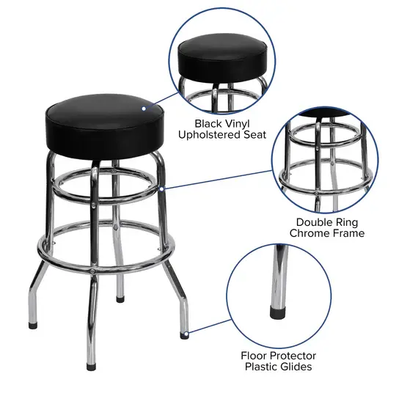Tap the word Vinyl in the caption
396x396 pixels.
tap(245, 123)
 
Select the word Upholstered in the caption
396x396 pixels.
tap(213, 135)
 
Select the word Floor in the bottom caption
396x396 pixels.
tap(256, 355)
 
